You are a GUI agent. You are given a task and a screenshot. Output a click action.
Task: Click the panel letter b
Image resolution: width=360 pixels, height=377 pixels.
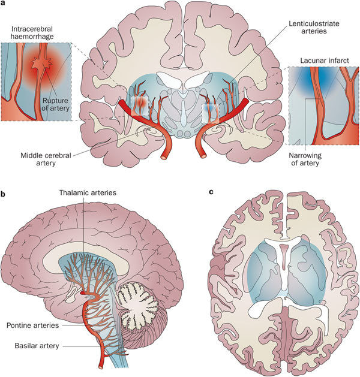(x=4, y=194)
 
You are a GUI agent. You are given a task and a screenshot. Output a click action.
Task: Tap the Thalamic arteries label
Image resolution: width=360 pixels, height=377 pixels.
(x=88, y=194)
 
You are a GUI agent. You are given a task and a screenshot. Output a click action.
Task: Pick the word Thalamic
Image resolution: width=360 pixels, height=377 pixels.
(x=74, y=194)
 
